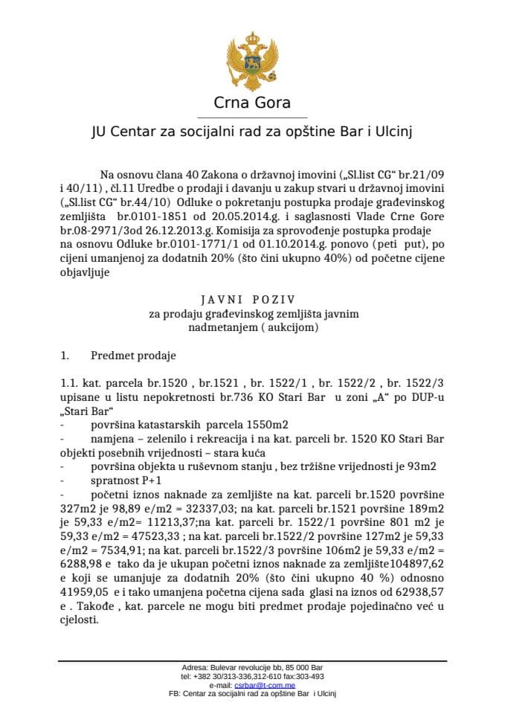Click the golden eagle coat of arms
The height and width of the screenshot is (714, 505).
tap(252, 57)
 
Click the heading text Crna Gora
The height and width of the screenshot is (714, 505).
tap(252, 103)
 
